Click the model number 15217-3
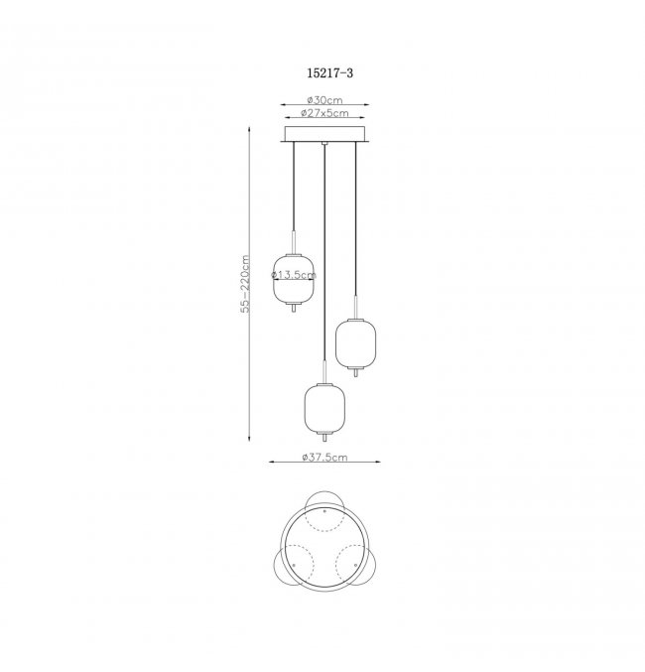tap(330, 73)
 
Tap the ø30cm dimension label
tap(324, 100)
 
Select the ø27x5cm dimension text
tap(324, 113)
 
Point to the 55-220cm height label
tap(245, 284)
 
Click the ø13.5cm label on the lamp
tap(294, 275)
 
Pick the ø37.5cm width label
tap(324, 457)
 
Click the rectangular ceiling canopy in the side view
tap(324, 134)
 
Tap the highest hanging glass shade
tap(294, 280)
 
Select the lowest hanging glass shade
tap(325, 408)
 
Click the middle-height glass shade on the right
tap(355, 343)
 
